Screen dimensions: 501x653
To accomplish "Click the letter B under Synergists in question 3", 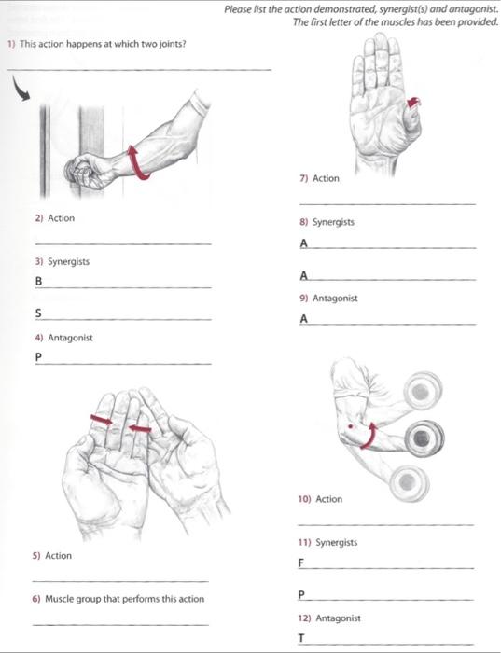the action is coord(39,281).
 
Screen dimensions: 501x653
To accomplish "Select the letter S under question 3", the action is coord(38,313).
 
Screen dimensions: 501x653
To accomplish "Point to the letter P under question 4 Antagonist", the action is coord(39,357).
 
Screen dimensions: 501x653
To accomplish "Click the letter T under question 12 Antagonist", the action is coord(301,638).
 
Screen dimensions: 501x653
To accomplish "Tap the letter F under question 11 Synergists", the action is coord(301,563).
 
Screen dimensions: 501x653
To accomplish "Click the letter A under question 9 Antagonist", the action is coord(304,319).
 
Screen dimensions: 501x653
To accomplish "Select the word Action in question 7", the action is coord(326,178).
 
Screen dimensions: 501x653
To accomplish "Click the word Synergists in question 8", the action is coord(333,222).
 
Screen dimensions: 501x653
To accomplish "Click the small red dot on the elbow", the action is coord(350,426).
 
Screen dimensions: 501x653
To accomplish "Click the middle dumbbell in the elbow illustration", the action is coord(424,438).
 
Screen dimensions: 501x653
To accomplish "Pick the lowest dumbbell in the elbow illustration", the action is coord(409,482).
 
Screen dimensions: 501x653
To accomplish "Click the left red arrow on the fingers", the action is coord(102,420).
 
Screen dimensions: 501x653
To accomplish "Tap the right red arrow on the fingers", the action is coord(140,428).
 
